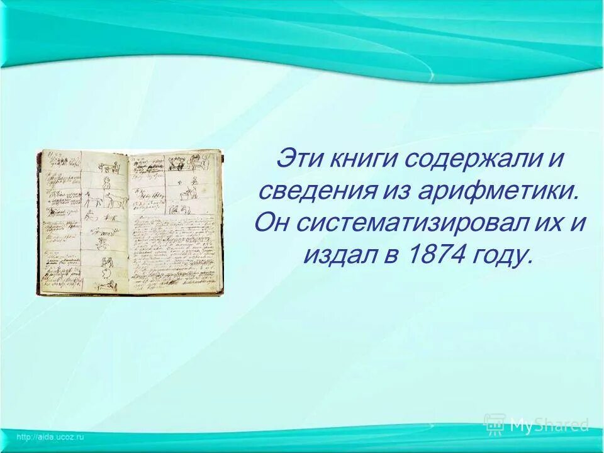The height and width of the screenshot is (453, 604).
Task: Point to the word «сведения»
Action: [x=309, y=191]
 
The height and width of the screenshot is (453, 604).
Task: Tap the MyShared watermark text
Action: [x=548, y=425]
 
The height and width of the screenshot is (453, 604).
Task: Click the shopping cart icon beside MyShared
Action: [x=495, y=424]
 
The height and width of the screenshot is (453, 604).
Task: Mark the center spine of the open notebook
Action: [x=129, y=223]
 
